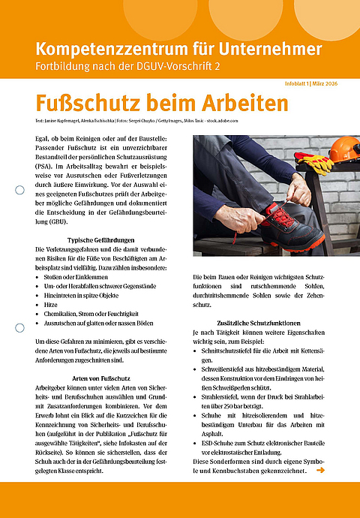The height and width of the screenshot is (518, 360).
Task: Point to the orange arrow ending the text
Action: click(320, 471)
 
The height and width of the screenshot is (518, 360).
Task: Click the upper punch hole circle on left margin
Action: click(20, 191)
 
